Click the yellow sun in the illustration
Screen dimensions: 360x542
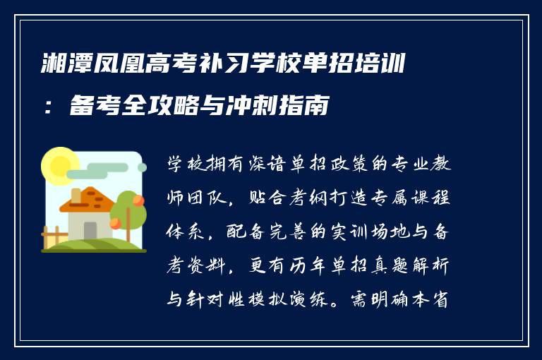pos(59,165)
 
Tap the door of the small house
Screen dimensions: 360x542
pos(90,230)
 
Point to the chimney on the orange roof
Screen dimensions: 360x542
pos(76,194)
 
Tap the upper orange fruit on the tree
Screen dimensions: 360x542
pos(138,200)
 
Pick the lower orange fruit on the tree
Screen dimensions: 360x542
pos(115,224)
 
